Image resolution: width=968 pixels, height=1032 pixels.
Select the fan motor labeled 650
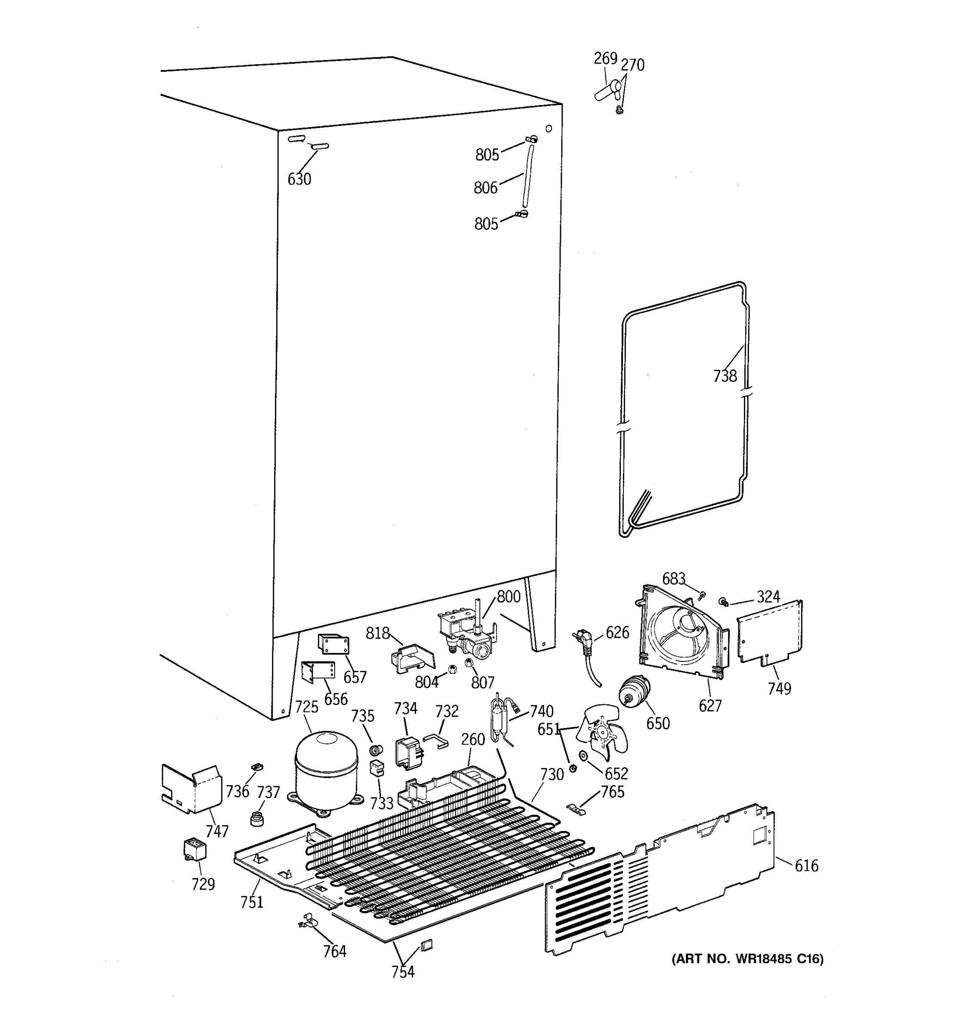[x=634, y=691]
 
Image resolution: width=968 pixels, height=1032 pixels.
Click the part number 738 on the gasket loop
[x=724, y=375]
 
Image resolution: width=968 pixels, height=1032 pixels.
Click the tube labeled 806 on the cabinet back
[x=527, y=176]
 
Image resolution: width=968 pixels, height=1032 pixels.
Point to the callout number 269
[x=605, y=58]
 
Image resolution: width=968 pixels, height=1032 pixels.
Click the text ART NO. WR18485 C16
[x=748, y=959]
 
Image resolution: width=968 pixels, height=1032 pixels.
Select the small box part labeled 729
[x=195, y=850]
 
